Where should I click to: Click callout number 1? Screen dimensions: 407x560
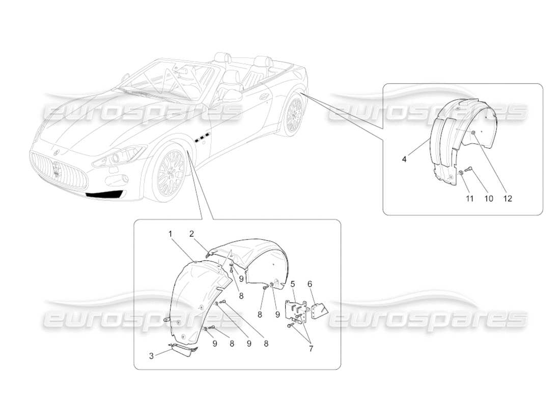point(170,234)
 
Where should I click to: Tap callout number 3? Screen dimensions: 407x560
point(151,357)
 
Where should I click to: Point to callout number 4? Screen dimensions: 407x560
point(404,159)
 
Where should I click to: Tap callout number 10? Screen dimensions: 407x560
point(488,198)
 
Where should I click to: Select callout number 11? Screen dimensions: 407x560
point(469,198)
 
